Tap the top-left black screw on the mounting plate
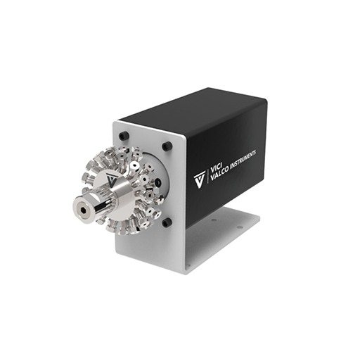[124, 136]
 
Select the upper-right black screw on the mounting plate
[167, 146]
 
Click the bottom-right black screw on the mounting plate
[167, 222]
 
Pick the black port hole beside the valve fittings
[158, 182]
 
